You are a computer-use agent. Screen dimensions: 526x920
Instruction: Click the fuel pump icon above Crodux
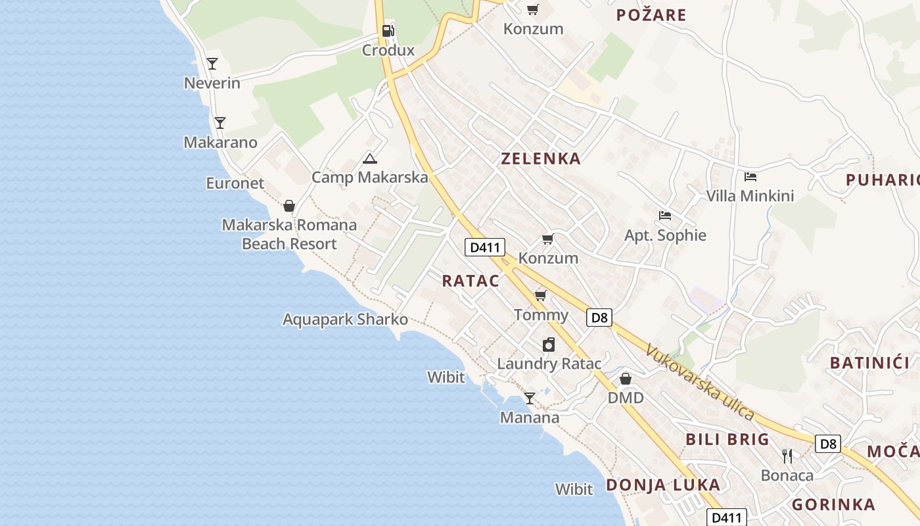pyautogui.click(x=388, y=30)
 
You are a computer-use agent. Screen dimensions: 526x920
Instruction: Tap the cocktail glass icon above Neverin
pyautogui.click(x=212, y=64)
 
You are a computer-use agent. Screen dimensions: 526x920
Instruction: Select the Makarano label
pyautogui.click(x=220, y=143)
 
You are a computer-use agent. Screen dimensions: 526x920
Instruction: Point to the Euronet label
pyautogui.click(x=235, y=183)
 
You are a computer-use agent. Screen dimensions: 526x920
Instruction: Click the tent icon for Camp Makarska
pyautogui.click(x=370, y=158)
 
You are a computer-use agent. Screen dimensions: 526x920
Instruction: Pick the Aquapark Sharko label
pyautogui.click(x=345, y=320)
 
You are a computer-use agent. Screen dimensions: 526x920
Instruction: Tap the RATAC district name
pyautogui.click(x=471, y=281)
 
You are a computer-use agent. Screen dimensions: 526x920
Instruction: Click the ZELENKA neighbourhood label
pyautogui.click(x=541, y=158)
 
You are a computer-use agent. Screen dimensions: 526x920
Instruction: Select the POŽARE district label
pyautogui.click(x=651, y=15)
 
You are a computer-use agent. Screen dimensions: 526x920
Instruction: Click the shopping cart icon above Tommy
pyautogui.click(x=541, y=295)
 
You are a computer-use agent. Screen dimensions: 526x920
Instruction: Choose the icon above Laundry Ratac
pyautogui.click(x=549, y=345)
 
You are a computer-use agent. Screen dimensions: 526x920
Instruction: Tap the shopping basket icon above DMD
pyautogui.click(x=626, y=379)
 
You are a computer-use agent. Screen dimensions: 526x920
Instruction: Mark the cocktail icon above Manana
pyautogui.click(x=529, y=398)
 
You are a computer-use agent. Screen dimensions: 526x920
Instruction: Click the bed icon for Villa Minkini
pyautogui.click(x=750, y=177)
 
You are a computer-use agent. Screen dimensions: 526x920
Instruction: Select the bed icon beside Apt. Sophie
pyautogui.click(x=665, y=216)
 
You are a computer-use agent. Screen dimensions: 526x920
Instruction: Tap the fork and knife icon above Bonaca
pyautogui.click(x=787, y=456)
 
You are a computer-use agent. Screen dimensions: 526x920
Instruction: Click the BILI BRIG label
pyautogui.click(x=727, y=439)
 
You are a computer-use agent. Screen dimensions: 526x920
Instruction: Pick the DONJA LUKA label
pyautogui.click(x=663, y=485)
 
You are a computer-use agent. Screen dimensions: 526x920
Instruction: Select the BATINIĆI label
pyautogui.click(x=869, y=363)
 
